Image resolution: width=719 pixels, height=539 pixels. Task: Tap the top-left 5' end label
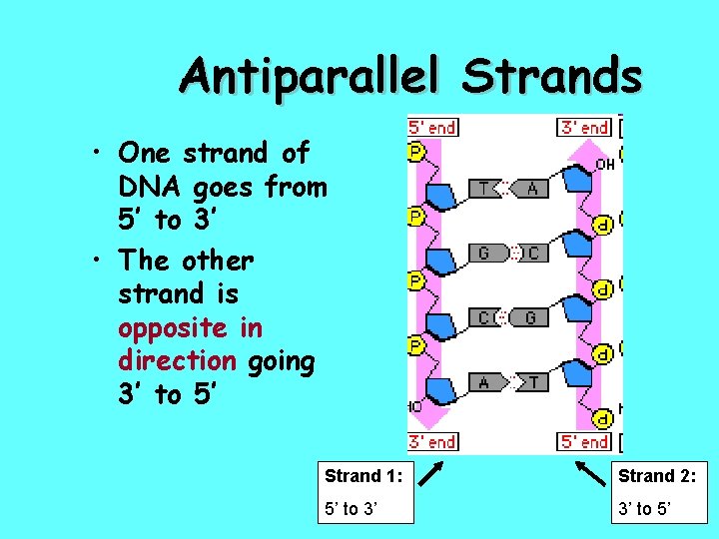point(432,127)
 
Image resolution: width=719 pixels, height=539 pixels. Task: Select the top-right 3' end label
point(583,127)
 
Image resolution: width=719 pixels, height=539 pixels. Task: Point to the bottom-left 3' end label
point(432,441)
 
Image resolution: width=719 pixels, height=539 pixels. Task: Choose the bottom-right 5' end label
point(583,441)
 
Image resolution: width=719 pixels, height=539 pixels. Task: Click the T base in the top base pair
point(483,189)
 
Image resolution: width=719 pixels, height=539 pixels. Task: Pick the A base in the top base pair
point(532,189)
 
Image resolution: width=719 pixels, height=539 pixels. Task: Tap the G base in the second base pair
point(483,254)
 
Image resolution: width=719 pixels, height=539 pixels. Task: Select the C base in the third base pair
point(483,317)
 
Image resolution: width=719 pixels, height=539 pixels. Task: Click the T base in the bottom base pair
point(532,381)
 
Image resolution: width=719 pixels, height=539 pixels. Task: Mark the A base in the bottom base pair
point(483,381)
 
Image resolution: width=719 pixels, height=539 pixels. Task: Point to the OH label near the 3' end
point(605,164)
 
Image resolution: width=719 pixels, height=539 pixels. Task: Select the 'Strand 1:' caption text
point(362,477)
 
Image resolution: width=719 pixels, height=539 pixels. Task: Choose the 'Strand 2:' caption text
point(657,477)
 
